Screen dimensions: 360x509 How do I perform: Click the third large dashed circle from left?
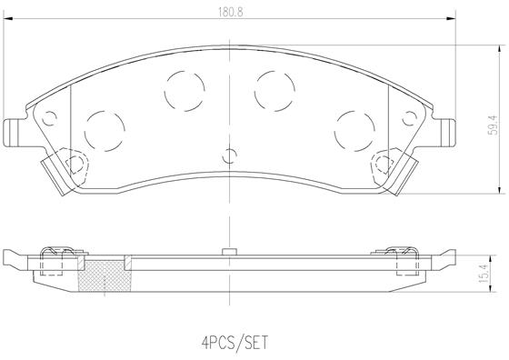[273, 88]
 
